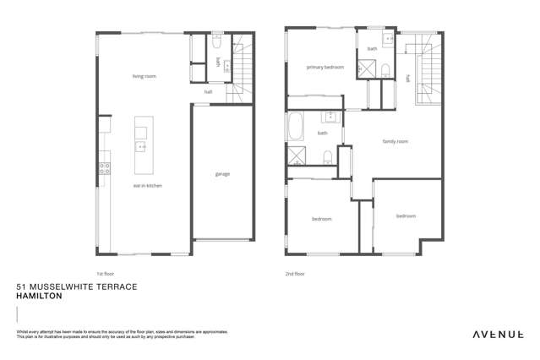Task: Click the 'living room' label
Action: click(144, 76)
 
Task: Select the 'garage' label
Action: click(222, 174)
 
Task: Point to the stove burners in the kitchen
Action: click(105, 167)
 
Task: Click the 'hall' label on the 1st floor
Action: click(208, 91)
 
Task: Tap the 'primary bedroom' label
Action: click(325, 67)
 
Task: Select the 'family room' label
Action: click(395, 141)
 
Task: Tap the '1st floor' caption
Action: click(105, 274)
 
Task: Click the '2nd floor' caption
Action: click(295, 274)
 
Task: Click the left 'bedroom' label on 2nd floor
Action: click(321, 219)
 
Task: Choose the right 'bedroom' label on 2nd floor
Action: click(406, 215)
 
